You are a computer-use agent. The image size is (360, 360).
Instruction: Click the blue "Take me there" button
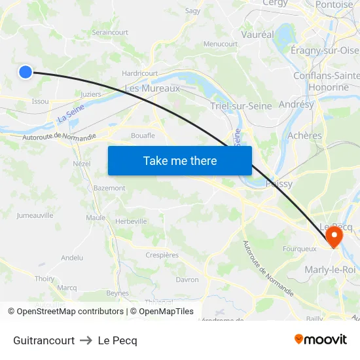click(x=180, y=161)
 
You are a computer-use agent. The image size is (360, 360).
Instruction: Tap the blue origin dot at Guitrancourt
click(x=25, y=72)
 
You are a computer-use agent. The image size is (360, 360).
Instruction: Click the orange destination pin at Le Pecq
click(x=334, y=236)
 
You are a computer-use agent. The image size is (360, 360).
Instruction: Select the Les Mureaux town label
click(x=152, y=88)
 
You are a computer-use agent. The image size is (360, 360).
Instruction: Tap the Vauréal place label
click(x=257, y=34)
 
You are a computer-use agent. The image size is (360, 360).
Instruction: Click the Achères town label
click(x=305, y=135)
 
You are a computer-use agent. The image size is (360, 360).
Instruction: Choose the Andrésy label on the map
click(x=297, y=104)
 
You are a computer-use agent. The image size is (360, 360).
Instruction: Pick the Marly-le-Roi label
click(x=331, y=269)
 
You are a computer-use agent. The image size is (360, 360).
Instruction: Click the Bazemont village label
click(x=109, y=188)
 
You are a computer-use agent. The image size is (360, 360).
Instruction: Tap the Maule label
click(x=96, y=217)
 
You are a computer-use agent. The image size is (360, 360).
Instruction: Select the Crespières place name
click(x=162, y=255)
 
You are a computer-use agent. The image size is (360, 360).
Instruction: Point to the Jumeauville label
click(x=35, y=215)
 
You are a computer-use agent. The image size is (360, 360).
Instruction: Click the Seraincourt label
click(x=110, y=32)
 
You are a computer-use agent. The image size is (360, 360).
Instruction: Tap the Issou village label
click(x=40, y=101)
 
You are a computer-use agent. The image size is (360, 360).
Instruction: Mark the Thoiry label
click(x=45, y=279)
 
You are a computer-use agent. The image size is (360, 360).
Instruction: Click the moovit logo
click(x=320, y=339)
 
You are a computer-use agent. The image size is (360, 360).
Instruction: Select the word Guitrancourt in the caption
click(x=44, y=340)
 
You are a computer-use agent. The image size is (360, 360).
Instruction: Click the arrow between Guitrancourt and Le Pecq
click(x=86, y=340)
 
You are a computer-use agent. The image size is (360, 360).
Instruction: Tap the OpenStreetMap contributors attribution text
click(x=70, y=312)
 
